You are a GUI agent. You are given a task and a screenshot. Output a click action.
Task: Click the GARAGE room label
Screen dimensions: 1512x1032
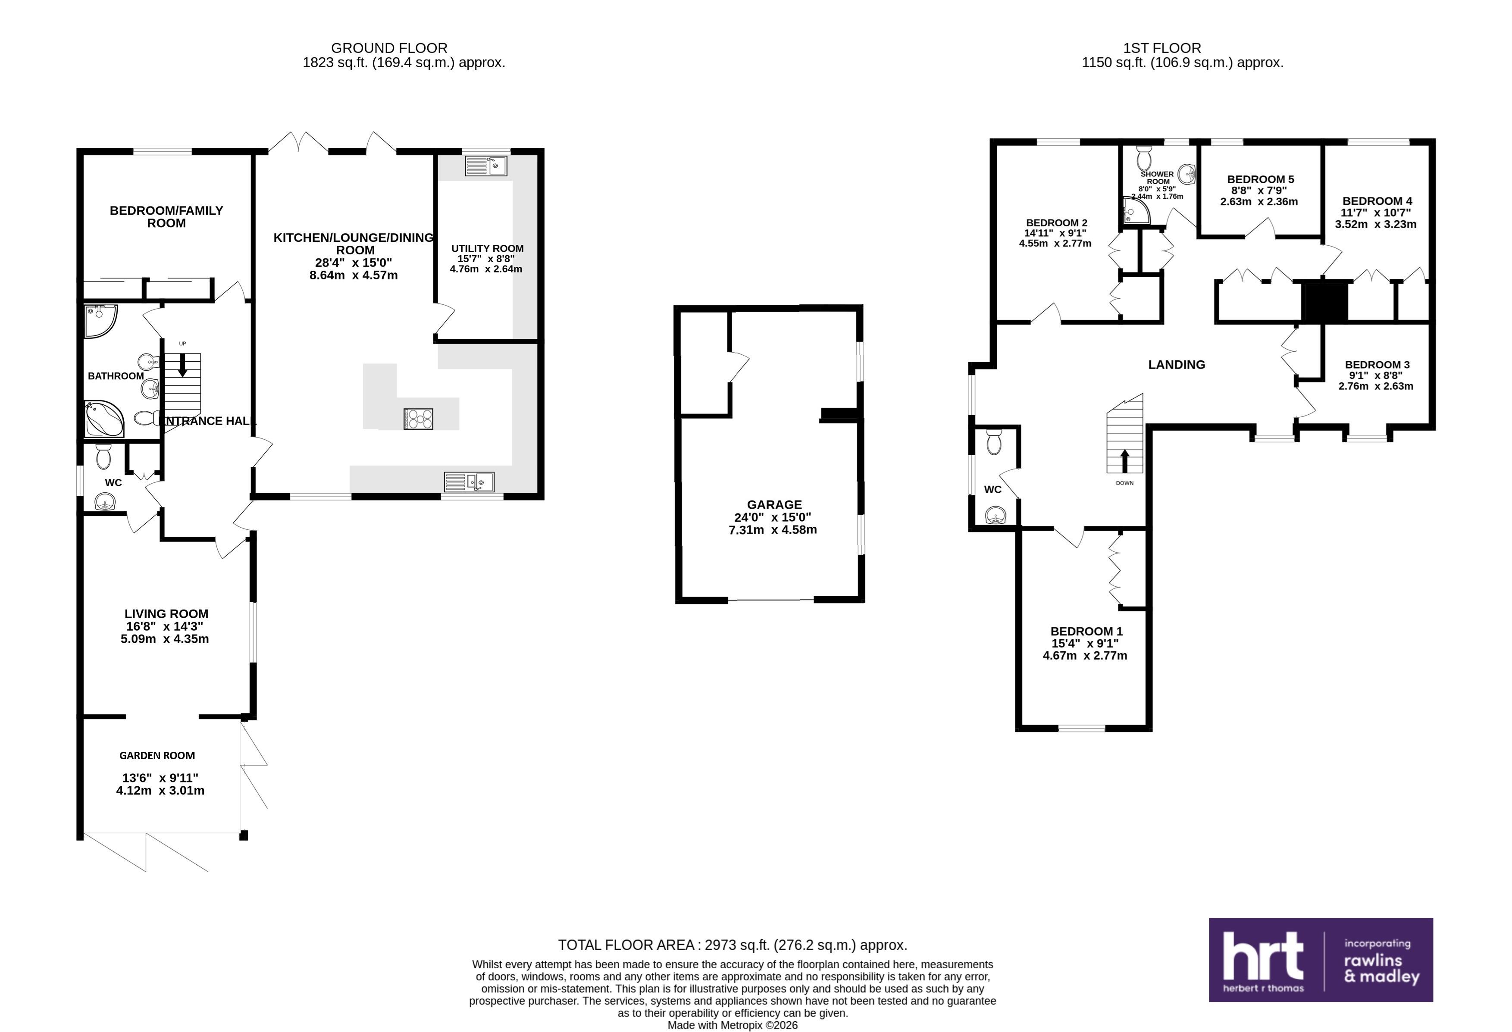pos(774,505)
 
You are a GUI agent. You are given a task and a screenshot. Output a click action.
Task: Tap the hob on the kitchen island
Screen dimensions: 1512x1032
pos(418,419)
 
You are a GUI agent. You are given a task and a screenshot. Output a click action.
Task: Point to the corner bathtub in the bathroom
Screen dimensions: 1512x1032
pos(105,419)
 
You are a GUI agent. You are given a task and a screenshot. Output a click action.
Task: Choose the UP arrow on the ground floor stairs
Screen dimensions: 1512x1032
pos(183,364)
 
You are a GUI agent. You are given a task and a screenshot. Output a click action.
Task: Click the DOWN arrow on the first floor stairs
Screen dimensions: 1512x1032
pos(1124,461)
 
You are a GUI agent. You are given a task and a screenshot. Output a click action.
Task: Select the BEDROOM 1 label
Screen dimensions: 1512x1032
pos(1086,631)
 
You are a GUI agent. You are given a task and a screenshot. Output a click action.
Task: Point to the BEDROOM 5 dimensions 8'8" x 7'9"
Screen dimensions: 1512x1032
pos(1259,191)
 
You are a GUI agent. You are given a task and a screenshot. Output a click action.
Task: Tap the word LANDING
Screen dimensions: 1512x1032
pos(1176,365)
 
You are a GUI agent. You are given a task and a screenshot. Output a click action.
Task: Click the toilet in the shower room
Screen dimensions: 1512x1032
pos(1144,157)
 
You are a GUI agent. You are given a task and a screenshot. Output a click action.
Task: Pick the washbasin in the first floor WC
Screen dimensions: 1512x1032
pos(995,516)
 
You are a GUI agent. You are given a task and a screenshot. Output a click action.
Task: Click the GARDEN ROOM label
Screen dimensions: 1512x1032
pos(157,755)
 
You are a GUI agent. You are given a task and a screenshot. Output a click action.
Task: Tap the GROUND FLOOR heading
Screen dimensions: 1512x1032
pos(389,48)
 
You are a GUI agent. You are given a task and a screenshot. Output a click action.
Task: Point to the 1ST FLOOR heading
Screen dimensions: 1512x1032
pos(1162,48)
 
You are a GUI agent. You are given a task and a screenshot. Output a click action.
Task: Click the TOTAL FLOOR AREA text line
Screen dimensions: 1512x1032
pos(733,945)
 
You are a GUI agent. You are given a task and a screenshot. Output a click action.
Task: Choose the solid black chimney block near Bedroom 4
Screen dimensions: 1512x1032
pos(1324,302)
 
